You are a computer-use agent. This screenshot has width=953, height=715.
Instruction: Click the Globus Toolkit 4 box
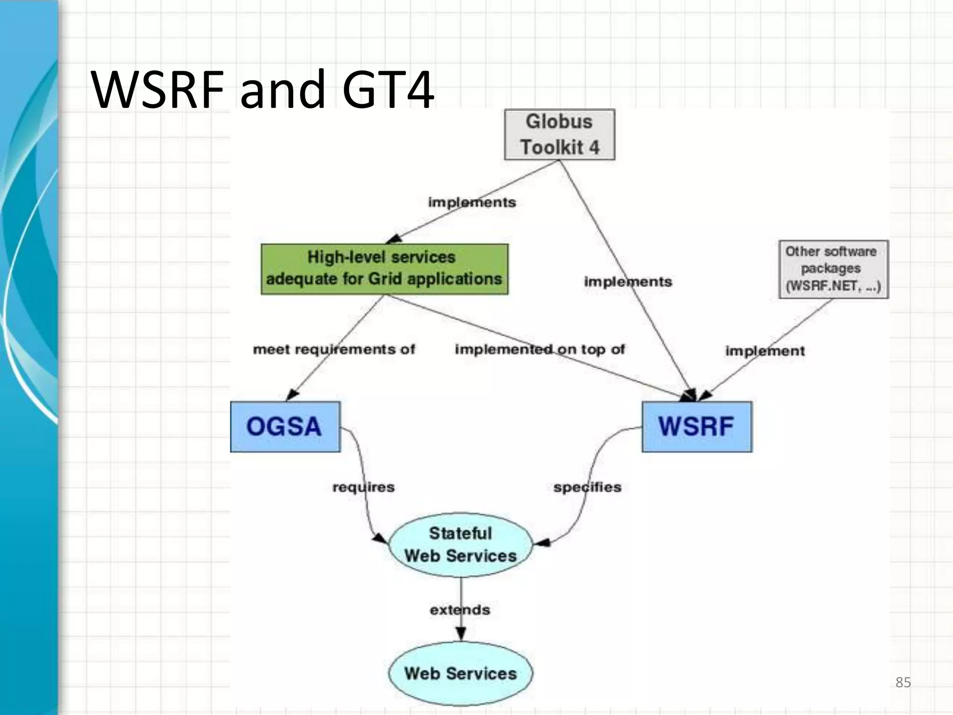pos(559,135)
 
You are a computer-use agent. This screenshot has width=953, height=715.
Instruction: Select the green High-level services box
pos(384,269)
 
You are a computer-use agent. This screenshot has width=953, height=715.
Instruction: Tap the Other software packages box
pos(833,269)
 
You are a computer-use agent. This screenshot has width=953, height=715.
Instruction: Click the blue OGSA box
pos(285,426)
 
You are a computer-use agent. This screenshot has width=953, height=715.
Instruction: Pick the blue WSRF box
pos(697,426)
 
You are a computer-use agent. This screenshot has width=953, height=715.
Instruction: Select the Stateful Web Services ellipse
pos(460,545)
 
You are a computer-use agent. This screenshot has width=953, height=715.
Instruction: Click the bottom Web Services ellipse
pos(460,673)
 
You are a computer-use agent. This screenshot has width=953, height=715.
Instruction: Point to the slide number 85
pos(903,682)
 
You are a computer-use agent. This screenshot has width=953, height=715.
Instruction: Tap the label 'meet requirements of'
pos(334,349)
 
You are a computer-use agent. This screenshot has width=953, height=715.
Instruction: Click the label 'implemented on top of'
pos(540,349)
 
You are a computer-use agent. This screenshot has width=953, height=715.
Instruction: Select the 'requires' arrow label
pos(363,487)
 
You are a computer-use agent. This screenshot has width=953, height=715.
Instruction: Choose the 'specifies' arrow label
pos(587,487)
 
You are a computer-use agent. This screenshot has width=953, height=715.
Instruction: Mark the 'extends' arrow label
pos(460,610)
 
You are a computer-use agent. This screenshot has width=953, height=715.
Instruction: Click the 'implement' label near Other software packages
pos(765,351)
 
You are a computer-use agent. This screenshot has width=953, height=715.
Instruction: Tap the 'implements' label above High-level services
pos(472,202)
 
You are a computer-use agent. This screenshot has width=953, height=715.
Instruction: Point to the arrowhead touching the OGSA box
pos(292,395)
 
